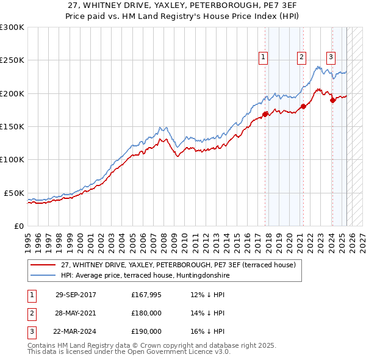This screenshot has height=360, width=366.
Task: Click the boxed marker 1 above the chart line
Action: [x=263, y=57]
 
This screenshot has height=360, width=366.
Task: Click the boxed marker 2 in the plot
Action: [x=301, y=57]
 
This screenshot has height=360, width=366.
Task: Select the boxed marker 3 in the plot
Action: [x=331, y=57]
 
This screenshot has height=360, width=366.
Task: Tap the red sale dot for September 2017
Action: [x=265, y=114]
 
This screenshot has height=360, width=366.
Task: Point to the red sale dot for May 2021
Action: [x=303, y=107]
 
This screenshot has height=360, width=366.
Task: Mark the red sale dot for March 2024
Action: [x=332, y=100]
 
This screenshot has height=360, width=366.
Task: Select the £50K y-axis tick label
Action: [x=14, y=193]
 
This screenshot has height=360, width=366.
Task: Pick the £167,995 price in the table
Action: [x=146, y=295]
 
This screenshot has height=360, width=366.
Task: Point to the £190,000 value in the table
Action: [x=146, y=331]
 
